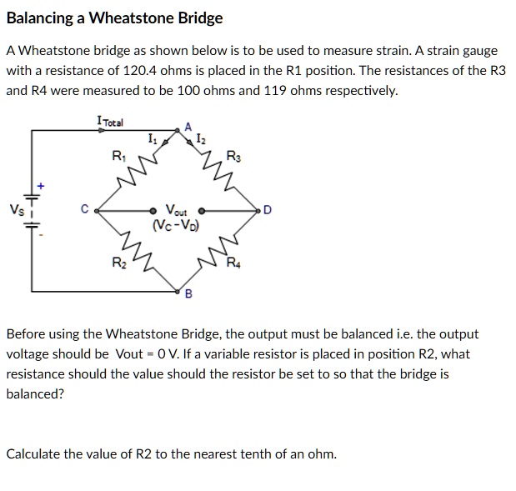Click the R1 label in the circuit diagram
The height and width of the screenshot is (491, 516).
(x=119, y=155)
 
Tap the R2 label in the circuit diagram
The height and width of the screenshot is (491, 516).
(x=119, y=264)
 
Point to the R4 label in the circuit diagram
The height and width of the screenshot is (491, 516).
(x=237, y=264)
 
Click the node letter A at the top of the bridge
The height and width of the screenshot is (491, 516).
(x=188, y=127)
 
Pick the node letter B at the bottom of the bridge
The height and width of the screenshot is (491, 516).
(x=188, y=293)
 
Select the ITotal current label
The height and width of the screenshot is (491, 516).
(x=110, y=123)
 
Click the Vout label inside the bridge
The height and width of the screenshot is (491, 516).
(x=177, y=210)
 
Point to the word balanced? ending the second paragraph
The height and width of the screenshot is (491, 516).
(x=35, y=393)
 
